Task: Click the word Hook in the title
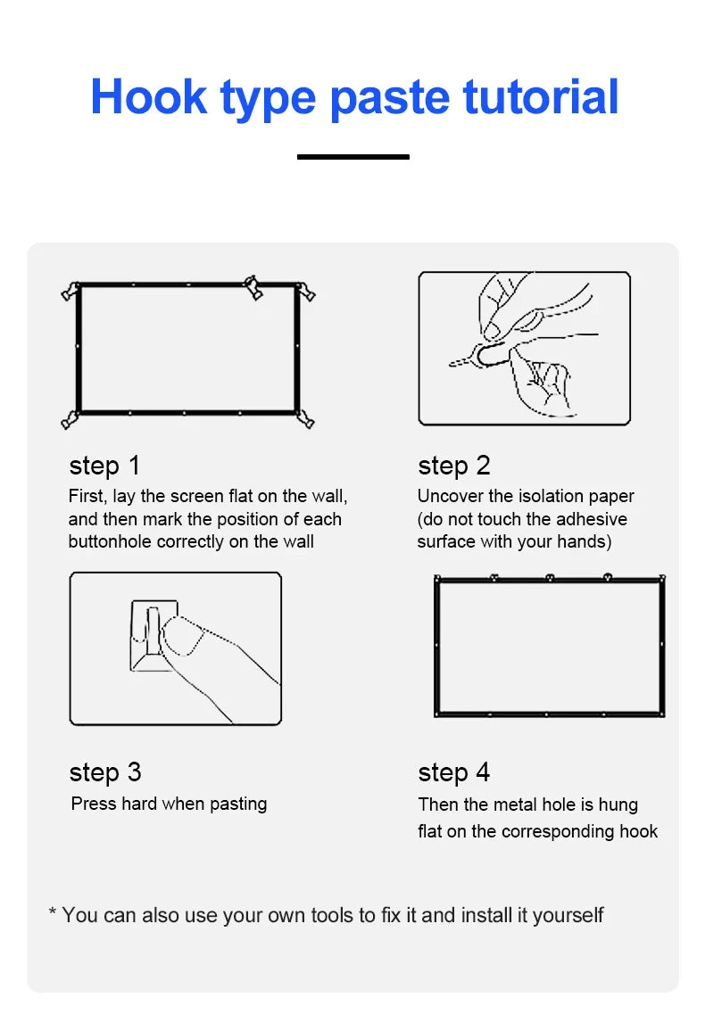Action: (148, 96)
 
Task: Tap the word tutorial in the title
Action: (541, 96)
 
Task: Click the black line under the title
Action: (353, 157)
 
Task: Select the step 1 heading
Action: (104, 466)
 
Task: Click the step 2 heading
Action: (454, 466)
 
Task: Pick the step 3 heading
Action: (105, 772)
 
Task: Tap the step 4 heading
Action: (454, 772)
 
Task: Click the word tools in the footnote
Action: (343, 915)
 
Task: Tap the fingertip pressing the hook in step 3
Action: (178, 635)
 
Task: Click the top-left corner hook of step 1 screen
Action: (70, 291)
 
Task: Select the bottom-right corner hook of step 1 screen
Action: (305, 419)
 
